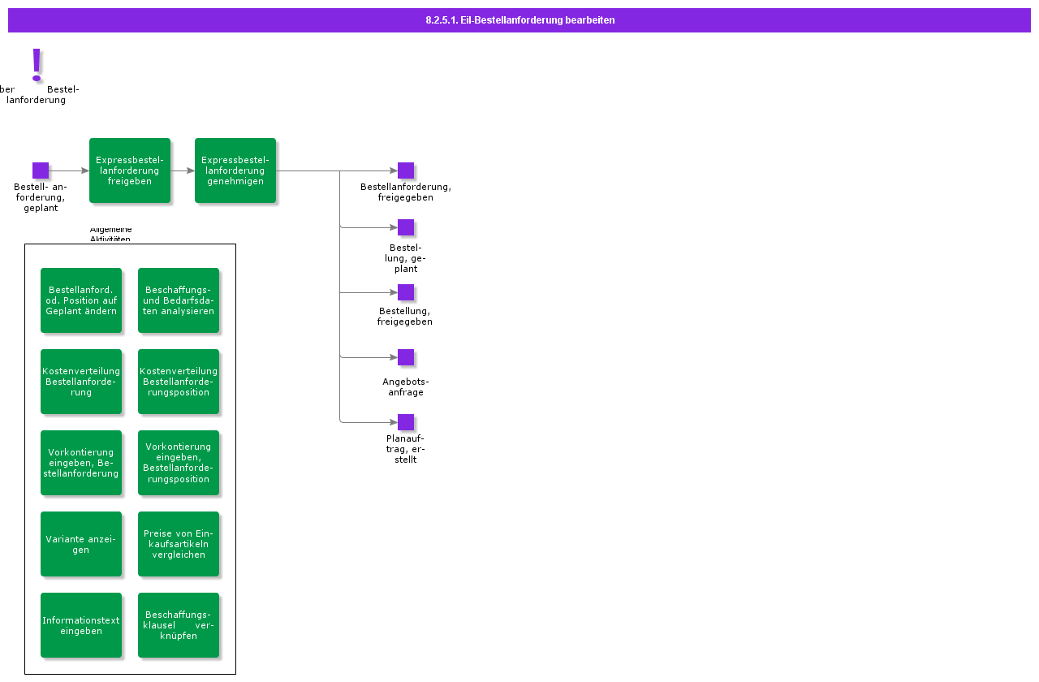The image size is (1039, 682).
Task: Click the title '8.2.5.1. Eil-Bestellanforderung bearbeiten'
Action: [x=519, y=20]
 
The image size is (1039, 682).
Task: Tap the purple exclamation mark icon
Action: [x=37, y=64]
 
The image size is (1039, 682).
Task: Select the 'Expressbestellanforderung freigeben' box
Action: [x=130, y=170]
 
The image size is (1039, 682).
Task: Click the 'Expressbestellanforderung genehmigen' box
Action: [x=235, y=170]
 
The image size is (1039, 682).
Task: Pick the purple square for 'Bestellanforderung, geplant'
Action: [x=41, y=170]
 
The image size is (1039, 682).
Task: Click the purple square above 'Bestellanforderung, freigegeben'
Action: [x=406, y=170]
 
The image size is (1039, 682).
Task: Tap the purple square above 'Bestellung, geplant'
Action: [x=406, y=227]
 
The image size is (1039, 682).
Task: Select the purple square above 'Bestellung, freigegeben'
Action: [x=406, y=292]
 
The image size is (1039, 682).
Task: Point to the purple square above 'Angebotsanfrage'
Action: [x=406, y=357]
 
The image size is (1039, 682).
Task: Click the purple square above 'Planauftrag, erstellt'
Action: [x=406, y=422]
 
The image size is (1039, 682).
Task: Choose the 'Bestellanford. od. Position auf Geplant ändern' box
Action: [x=81, y=300]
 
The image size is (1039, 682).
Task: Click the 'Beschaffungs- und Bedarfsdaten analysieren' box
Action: [x=179, y=300]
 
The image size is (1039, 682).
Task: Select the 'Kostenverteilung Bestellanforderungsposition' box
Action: [x=179, y=382]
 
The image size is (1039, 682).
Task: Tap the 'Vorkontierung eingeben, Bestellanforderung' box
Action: [x=81, y=463]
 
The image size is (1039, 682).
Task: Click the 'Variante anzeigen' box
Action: [x=81, y=544]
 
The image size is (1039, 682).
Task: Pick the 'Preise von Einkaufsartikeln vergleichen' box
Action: [x=179, y=544]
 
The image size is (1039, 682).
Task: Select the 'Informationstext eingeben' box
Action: [x=81, y=625]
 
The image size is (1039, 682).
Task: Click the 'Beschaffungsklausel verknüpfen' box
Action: [x=179, y=625]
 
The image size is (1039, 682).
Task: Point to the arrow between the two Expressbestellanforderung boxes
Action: [x=183, y=170]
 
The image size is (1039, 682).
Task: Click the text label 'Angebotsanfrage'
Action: [x=406, y=386]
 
